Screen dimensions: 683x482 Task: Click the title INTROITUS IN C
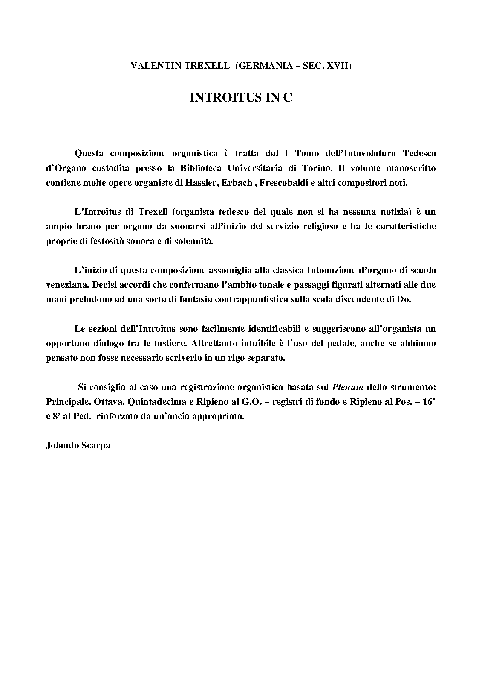point(241,98)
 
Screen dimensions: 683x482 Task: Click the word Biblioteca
point(204,168)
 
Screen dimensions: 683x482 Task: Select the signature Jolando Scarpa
point(78,445)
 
